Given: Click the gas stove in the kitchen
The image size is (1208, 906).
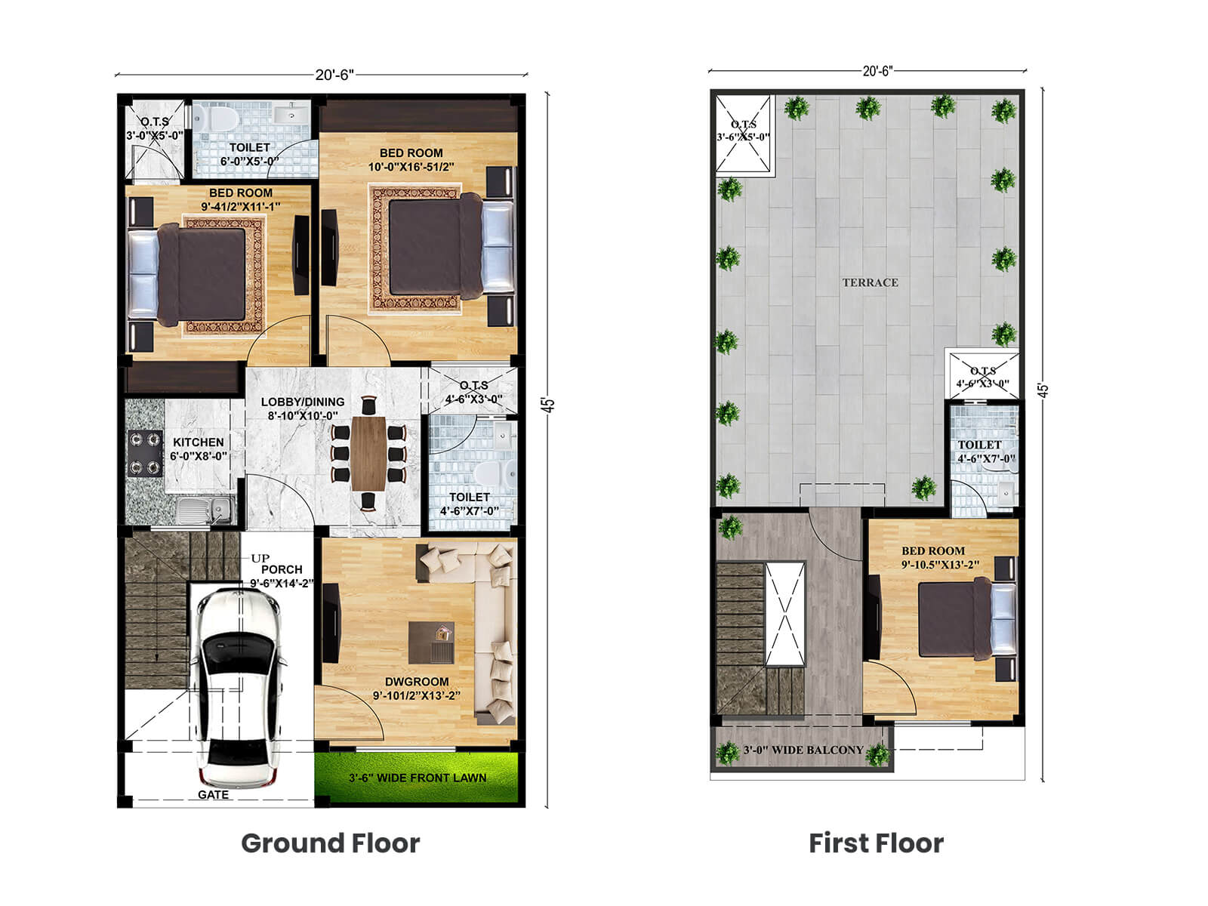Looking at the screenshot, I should [x=145, y=454].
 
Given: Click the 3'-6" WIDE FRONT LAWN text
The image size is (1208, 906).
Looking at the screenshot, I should [x=418, y=778].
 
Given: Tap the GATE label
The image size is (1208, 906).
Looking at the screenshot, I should [x=213, y=794].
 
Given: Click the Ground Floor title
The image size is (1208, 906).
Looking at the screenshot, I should [x=330, y=843].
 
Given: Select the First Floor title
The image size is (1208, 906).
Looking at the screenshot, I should [x=876, y=843].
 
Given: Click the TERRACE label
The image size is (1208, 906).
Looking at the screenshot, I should [x=870, y=282].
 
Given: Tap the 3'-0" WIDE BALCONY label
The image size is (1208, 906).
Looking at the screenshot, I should [x=803, y=750].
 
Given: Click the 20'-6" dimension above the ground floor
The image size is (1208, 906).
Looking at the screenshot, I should [x=334, y=75].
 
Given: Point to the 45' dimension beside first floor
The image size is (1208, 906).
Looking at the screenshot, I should [x=1043, y=390].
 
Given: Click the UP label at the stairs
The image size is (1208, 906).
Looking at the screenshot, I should [x=260, y=558].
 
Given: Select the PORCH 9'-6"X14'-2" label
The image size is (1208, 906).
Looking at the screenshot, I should [x=281, y=576].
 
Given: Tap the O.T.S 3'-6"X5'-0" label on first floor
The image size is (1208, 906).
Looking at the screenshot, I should [x=743, y=131].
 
